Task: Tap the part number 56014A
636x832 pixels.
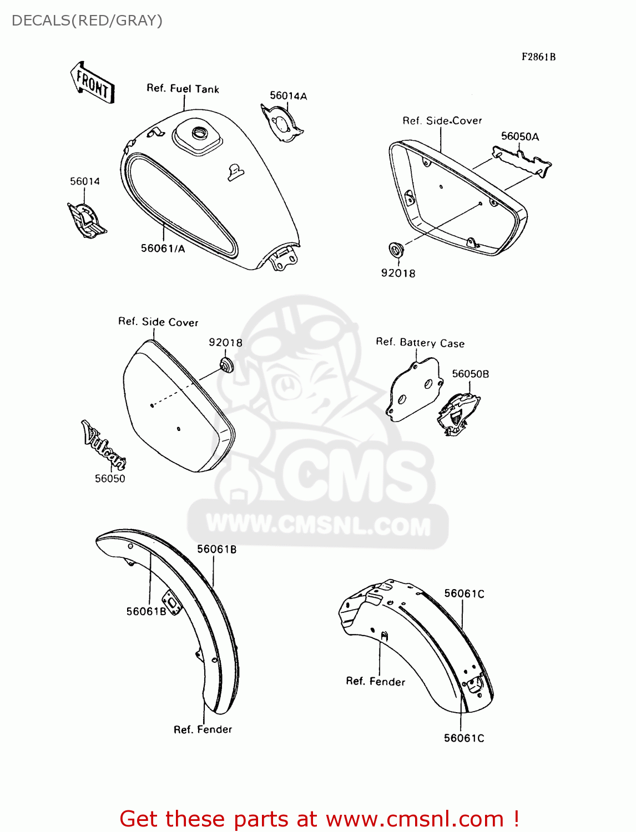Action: (288, 95)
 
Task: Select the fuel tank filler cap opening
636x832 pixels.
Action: (199, 133)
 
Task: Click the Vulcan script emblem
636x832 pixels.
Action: (104, 445)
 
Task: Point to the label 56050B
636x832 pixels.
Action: (470, 374)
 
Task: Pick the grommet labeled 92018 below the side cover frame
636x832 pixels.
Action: (396, 250)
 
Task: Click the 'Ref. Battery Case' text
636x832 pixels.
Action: (420, 342)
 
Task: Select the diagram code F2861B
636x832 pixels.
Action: (538, 57)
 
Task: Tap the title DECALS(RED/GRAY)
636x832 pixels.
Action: (87, 21)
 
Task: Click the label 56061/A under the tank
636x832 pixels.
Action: (163, 248)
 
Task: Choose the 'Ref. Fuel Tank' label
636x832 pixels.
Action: (183, 88)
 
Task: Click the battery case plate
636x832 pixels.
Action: (413, 390)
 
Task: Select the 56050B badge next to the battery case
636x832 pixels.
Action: (458, 413)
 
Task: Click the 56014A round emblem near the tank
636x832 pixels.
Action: (282, 123)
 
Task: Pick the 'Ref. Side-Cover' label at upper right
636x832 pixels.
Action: (442, 120)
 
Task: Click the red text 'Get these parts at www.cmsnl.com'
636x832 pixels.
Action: (319, 819)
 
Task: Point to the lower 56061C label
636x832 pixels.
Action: (464, 738)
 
